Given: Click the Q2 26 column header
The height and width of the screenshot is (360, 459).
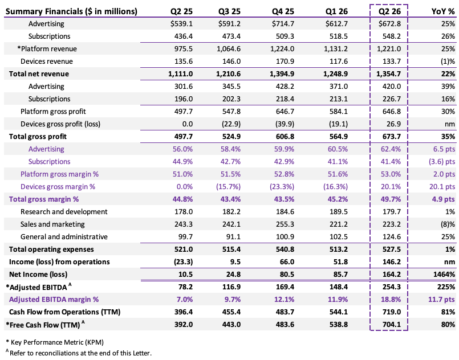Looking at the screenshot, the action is (389, 11).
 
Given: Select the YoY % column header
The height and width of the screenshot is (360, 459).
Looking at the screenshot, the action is (443, 11).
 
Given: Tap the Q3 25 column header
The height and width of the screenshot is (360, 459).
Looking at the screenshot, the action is (229, 11).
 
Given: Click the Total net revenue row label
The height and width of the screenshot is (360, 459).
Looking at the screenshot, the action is (39, 73).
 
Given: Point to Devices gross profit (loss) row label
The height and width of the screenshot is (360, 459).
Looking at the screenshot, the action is (60, 124).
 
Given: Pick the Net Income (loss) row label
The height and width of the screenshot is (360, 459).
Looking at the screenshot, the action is (38, 275).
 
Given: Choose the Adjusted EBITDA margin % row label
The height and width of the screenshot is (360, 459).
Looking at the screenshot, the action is (54, 300).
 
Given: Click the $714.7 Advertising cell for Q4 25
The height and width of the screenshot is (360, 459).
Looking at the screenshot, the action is (283, 24).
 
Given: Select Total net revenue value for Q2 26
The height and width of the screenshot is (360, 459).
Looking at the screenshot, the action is (389, 73).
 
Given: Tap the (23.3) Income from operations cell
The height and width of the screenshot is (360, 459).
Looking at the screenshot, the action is (183, 261).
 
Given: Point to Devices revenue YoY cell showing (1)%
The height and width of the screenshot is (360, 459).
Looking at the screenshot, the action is (448, 62).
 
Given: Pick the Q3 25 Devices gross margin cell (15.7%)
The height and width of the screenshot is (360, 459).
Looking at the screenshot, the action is (228, 187).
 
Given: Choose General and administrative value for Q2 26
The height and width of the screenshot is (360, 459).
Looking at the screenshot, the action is (391, 236).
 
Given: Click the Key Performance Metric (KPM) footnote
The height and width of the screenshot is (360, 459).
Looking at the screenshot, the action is (55, 342).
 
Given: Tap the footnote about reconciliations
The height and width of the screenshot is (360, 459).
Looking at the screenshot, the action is (79, 353).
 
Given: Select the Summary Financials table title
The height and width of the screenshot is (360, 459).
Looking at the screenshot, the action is (71, 11).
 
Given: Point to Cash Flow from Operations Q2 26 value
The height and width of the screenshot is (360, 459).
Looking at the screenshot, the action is (391, 312).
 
